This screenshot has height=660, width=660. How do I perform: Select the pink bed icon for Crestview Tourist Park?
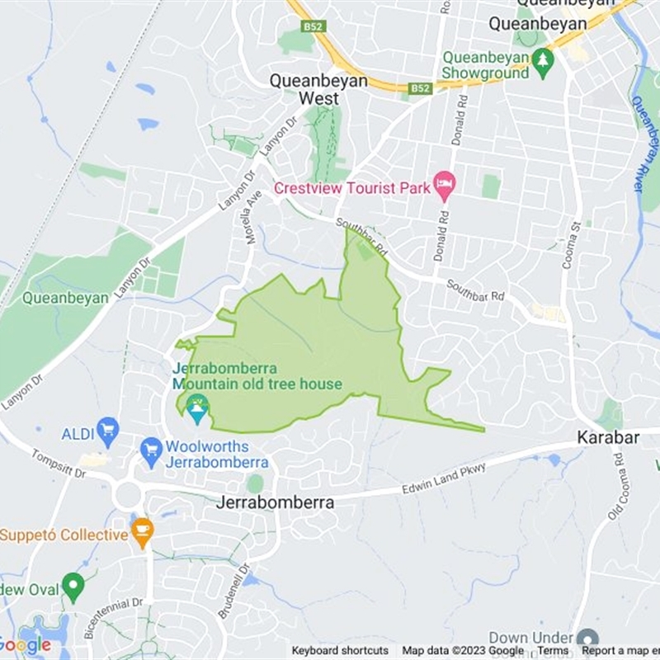coord(445,186)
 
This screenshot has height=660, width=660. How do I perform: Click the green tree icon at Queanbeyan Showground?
coord(542,59)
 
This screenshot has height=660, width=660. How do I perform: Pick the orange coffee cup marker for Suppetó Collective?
coord(142,532)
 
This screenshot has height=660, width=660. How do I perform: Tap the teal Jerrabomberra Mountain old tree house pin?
coord(196,408)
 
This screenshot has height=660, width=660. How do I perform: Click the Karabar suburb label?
coord(608,437)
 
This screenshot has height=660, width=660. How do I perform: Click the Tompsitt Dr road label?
coord(59,465)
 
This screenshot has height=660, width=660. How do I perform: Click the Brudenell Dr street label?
coord(234,591)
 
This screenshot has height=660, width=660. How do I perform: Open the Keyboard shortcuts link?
coord(339,651)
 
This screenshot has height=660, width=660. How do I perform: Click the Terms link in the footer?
coord(552,651)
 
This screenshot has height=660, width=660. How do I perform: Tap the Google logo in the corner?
coord(25,644)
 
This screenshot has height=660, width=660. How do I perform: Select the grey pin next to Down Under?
coord(587,639)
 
